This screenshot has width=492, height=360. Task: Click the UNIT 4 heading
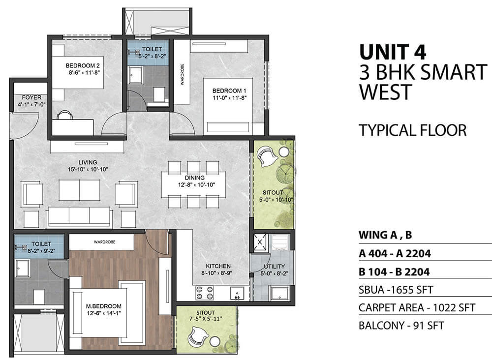393,52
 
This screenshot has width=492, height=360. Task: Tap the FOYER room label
31,97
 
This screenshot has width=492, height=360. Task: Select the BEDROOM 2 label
83,65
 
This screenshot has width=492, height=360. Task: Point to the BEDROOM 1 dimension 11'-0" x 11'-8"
229,97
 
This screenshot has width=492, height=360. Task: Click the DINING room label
194,178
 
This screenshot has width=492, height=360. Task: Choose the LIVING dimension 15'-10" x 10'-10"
88,169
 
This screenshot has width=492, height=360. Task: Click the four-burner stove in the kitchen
205,293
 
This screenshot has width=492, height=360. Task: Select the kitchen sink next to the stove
237,294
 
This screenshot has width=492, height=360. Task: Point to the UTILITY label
274,267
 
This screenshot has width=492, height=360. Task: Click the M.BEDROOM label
103,306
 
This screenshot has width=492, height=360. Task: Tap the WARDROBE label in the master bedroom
104,242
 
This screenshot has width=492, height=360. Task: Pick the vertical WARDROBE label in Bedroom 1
183,74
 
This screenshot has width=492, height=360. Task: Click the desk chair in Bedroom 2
65,115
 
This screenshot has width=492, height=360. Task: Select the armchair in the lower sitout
198,336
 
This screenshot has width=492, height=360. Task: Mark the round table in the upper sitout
284,152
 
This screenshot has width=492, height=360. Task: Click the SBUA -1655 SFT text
396,290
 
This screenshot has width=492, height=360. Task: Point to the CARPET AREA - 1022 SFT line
417,308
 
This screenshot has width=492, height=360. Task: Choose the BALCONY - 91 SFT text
401,326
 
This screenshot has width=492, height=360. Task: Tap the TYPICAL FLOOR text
413,130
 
